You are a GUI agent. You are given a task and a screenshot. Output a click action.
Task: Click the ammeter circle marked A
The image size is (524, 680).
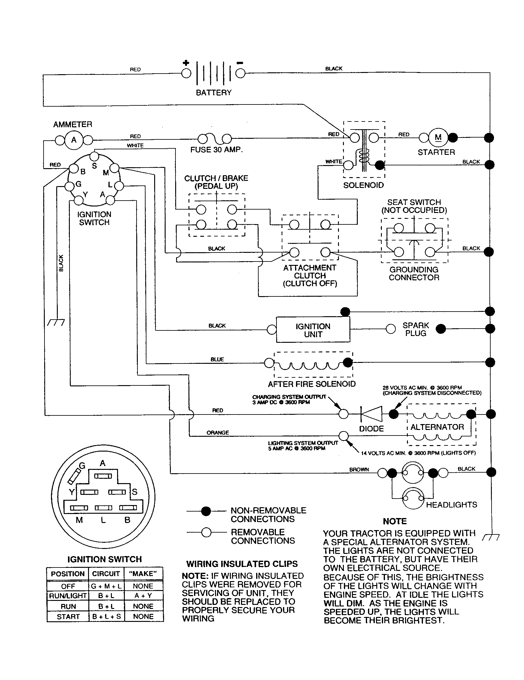74,140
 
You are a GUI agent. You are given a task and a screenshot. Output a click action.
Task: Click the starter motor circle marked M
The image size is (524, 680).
438,137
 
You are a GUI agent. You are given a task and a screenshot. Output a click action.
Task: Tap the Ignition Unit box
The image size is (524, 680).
313,330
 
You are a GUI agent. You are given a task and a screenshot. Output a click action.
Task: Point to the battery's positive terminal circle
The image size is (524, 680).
186,74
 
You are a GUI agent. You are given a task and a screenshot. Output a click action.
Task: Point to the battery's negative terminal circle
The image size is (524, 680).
240,74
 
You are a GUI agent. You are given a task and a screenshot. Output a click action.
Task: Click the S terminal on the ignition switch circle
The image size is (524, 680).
95,156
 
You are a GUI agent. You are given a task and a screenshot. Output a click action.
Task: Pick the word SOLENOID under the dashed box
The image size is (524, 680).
363,185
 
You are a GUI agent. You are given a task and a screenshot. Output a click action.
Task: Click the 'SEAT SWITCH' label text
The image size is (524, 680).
414,202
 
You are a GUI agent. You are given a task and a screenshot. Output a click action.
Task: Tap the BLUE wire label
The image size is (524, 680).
217,359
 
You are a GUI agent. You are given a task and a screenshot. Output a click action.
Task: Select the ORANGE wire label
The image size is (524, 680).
218,432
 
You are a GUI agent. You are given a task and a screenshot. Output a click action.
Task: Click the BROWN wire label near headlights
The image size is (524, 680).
359,469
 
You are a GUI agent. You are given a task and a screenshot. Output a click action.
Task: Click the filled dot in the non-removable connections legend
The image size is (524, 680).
206,511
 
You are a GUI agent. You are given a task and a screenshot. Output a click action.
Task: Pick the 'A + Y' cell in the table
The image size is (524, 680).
143,596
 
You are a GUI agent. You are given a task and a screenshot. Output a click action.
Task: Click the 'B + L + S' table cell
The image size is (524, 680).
106,617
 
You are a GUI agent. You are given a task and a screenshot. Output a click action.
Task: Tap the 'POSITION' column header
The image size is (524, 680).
68,574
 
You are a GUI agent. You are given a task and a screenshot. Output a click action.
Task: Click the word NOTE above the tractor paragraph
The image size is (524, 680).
395,521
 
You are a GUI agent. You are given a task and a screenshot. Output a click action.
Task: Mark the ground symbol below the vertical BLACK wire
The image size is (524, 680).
56,322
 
